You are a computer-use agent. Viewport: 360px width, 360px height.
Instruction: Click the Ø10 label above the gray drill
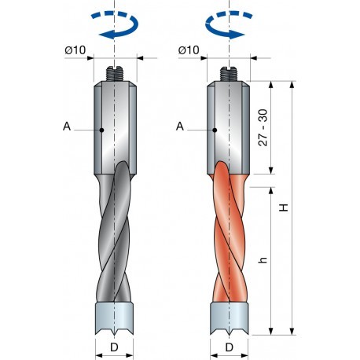75,50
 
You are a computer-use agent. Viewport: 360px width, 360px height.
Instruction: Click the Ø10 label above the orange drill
189,50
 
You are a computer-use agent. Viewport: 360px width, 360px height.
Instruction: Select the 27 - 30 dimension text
265,127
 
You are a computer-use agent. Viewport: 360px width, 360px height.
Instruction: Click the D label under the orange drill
230,347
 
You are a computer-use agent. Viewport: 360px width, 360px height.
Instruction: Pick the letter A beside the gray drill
68,126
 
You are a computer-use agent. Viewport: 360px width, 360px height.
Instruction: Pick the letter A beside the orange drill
181,126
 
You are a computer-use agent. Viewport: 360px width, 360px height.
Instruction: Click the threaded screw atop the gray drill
116,75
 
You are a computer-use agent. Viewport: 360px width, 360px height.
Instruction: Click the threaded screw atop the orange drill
230,75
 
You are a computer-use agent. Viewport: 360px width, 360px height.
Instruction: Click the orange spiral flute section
230,236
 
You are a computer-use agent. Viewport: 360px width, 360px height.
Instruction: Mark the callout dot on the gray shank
103,129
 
